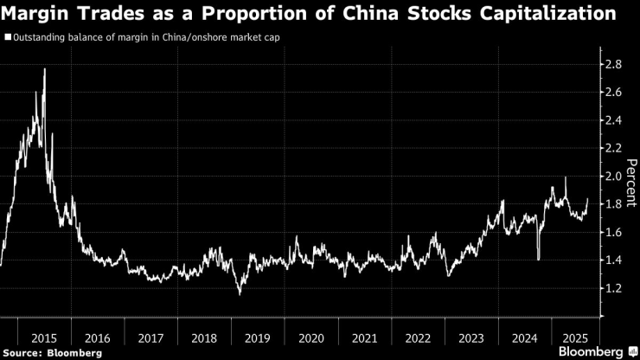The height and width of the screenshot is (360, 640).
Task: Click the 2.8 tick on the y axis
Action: [x=614, y=64]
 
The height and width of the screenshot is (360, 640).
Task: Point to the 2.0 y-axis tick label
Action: [x=614, y=176]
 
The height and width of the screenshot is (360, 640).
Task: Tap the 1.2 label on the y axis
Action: [x=614, y=288]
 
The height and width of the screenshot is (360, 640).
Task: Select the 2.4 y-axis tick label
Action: [x=614, y=120]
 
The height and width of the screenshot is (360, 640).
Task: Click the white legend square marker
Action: [x=8, y=38]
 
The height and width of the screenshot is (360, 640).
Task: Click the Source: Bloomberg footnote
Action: [x=52, y=352]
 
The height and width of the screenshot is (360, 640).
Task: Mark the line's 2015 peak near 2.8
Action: [x=44, y=69]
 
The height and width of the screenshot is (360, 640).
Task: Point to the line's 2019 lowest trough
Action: [x=240, y=294]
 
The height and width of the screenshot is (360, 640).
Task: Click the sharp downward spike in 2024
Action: [x=538, y=259]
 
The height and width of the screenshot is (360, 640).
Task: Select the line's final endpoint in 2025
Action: [x=588, y=199]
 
